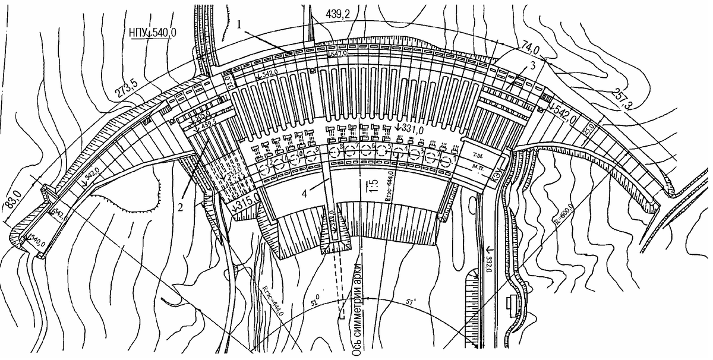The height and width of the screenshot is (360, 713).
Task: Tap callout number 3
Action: (533, 66)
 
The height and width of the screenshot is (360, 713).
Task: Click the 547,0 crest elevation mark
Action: (336, 54)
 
